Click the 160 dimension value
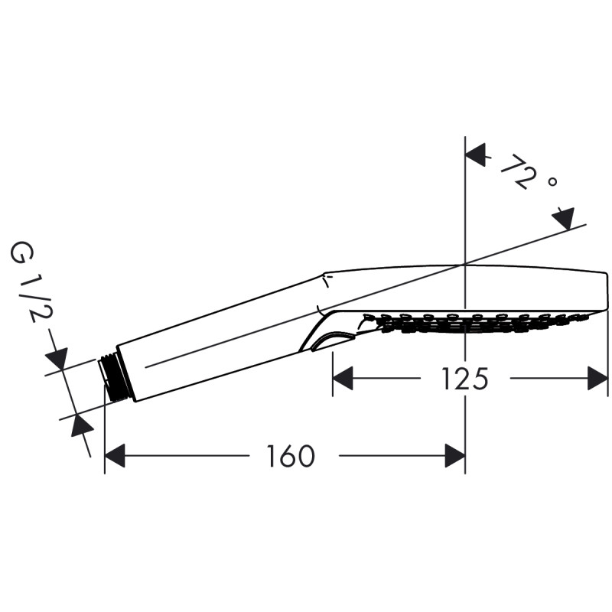click(291, 457)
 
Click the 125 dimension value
click(464, 379)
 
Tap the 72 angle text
click(516, 173)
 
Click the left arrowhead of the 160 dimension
click(115, 457)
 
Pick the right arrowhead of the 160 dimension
click(455, 457)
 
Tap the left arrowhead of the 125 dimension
click(342, 378)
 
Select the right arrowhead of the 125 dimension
click(597, 378)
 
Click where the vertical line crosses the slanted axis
click(465, 265)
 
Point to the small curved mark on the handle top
click(326, 283)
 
